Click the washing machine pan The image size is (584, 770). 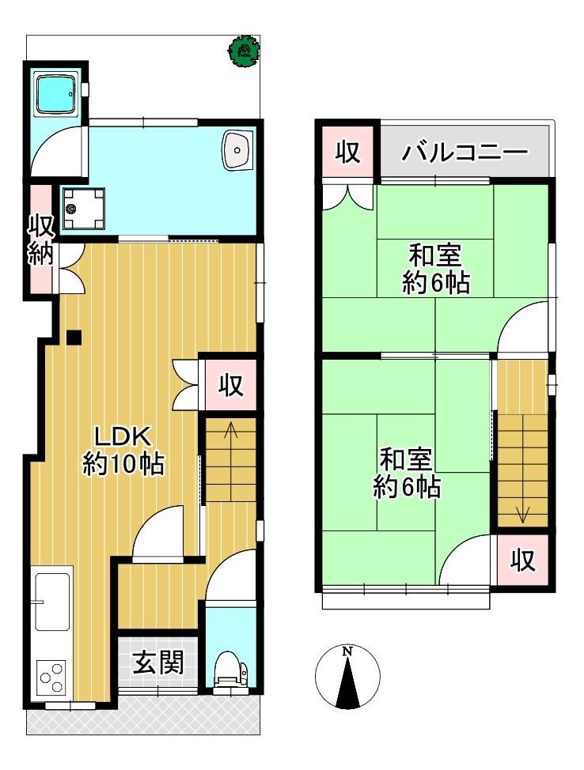(x=84, y=208)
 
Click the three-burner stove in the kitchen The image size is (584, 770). (x=51, y=677)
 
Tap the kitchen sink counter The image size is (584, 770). (x=51, y=600)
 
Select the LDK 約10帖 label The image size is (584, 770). (x=123, y=451)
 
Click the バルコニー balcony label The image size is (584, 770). (x=464, y=153)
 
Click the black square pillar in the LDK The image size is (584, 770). (x=74, y=337)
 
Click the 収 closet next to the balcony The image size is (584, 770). (x=348, y=152)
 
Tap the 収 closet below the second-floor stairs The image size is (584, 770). (x=522, y=560)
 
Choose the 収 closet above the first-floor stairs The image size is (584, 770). (x=231, y=385)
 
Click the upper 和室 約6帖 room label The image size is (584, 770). (x=435, y=269)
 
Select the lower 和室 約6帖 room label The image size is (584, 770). (x=406, y=473)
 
